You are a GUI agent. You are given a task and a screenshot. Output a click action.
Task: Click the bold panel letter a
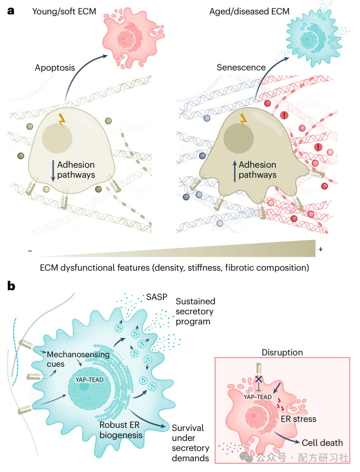[x=11, y=11]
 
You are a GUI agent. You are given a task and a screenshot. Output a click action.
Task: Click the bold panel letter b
[x=11, y=286]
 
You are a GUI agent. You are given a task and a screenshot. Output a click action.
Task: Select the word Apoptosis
[x=55, y=68]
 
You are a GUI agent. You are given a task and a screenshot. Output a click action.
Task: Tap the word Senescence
[x=241, y=67]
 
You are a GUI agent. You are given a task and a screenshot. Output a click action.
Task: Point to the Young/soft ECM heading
[x=64, y=11]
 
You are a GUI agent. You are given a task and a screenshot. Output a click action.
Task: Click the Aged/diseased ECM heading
[x=249, y=11]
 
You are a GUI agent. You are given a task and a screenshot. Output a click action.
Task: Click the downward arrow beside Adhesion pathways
[x=53, y=171]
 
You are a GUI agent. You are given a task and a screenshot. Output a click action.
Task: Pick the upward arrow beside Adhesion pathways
[x=235, y=171]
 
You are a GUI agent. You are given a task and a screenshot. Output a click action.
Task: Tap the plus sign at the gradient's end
[x=320, y=249]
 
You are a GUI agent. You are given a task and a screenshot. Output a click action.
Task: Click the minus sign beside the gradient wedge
[x=30, y=251]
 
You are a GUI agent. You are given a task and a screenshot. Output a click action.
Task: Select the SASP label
[x=157, y=297]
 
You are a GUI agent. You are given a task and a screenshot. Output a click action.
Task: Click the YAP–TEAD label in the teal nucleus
[x=89, y=380]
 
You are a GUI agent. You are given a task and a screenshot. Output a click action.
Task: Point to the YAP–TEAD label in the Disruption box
[x=257, y=397]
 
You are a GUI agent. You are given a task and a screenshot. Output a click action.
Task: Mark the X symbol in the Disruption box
[x=258, y=379]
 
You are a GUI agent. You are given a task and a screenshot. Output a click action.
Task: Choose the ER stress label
[x=298, y=419]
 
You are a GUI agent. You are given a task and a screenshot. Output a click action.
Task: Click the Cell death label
[x=322, y=443]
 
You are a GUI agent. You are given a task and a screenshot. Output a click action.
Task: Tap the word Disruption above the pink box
[x=282, y=352]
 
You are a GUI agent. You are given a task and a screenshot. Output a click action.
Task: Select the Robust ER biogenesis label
[x=121, y=430]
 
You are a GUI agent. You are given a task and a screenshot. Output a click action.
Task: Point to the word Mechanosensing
[x=78, y=355]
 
